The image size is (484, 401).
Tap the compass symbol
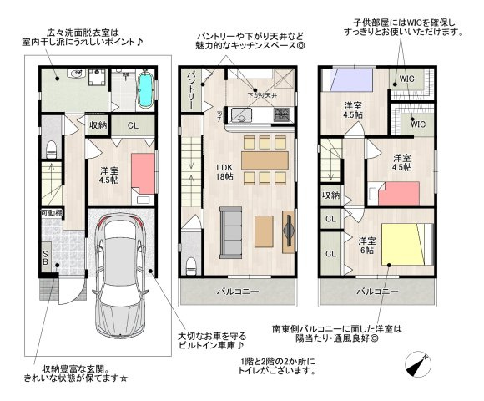click(x=421, y=365)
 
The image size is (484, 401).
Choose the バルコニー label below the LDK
click(x=238, y=292)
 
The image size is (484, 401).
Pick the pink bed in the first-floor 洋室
click(x=143, y=172)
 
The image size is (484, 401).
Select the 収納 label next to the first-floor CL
click(x=98, y=126)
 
